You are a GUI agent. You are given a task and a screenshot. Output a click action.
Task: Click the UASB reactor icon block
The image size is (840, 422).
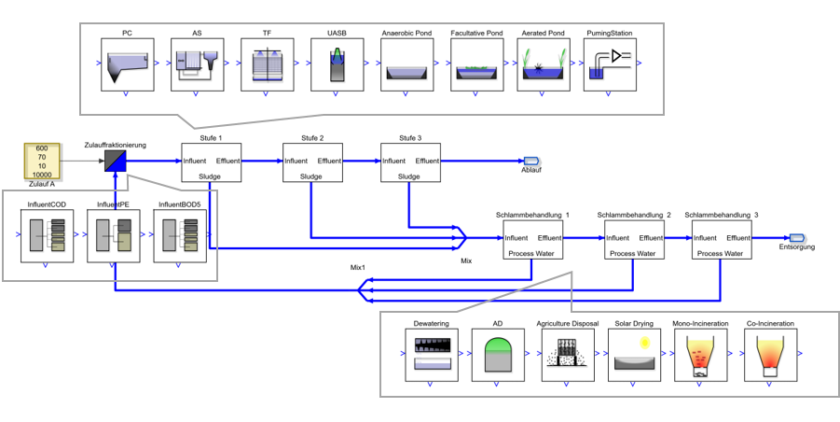[x=337, y=64]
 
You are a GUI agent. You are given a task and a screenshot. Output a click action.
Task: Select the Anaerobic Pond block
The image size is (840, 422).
[x=406, y=64]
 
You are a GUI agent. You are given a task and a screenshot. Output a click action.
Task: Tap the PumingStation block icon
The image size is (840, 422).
[x=610, y=64]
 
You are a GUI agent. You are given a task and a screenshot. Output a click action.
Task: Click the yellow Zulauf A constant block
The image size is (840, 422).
[x=42, y=161]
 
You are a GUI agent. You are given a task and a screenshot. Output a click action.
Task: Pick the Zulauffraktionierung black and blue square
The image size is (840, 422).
[x=116, y=161]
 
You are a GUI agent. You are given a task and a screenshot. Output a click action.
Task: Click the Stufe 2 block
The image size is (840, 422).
[x=313, y=162]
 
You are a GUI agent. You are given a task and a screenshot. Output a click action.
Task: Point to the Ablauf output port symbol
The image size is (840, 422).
[x=530, y=161]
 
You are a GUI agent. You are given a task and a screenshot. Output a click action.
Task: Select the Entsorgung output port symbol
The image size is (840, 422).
[x=796, y=237]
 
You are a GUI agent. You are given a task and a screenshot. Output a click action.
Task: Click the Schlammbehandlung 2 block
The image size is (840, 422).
[x=634, y=239]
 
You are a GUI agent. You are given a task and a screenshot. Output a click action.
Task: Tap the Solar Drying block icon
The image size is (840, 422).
[x=634, y=355]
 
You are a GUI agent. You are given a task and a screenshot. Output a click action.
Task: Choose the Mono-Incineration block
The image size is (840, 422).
[x=701, y=355]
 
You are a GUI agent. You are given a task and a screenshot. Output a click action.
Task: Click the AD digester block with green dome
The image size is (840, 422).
[x=498, y=355]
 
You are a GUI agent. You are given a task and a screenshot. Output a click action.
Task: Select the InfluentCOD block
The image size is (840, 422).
[x=47, y=236]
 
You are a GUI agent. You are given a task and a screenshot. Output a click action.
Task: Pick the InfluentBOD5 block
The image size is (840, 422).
[x=179, y=236]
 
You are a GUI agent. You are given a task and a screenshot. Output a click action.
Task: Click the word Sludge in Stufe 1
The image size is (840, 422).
[x=210, y=176]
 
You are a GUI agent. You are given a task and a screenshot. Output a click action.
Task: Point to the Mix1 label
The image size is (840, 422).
[x=357, y=266]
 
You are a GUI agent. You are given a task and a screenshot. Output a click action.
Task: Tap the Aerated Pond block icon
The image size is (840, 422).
[x=544, y=64]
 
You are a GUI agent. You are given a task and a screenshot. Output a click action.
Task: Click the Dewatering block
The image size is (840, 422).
[x=432, y=355]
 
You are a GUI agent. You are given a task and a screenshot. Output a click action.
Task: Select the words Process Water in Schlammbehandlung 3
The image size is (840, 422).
[x=722, y=253]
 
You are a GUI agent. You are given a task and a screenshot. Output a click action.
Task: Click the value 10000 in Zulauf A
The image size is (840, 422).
[x=42, y=175]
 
